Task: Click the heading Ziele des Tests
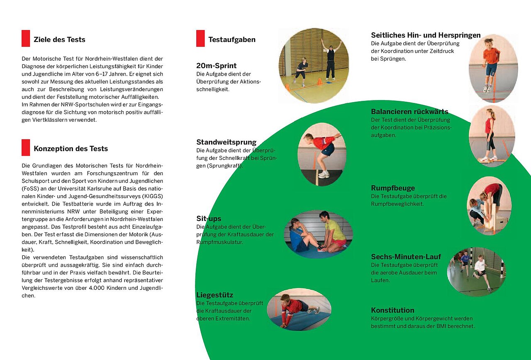coord(59,40)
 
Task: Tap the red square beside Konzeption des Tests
coord(26,148)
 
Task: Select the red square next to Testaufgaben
coord(200,39)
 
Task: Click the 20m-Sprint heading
coord(216,66)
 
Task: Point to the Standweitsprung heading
coord(226,142)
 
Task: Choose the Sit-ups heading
coord(209,219)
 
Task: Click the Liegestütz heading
coord(214,295)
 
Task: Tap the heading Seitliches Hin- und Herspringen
coord(426,35)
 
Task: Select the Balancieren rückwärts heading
coord(409,112)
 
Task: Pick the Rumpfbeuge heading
coord(392,188)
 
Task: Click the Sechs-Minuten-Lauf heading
coord(406,257)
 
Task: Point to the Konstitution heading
coord(392,310)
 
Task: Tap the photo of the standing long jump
coord(322,154)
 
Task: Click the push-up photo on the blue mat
coord(299,309)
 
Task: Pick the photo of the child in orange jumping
coord(493,68)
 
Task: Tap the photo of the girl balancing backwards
coord(492,136)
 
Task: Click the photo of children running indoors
coord(476,272)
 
